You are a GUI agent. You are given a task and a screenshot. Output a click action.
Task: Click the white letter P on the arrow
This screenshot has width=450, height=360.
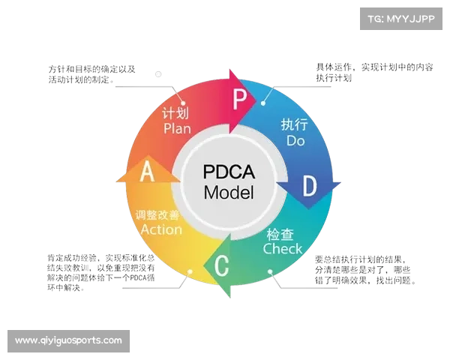[x=239, y=99]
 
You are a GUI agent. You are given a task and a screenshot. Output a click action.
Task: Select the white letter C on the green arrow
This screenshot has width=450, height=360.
[x=222, y=265]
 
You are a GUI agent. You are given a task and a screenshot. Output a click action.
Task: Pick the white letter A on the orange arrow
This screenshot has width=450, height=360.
[x=148, y=172]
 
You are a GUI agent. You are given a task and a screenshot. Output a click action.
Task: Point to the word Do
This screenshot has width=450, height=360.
[x=295, y=139]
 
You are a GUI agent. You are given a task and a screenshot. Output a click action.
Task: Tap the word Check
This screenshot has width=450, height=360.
[x=283, y=248]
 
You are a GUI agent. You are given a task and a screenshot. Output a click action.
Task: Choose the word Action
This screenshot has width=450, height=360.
[x=161, y=229]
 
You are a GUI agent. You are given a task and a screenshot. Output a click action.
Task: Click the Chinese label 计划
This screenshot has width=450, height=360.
[x=175, y=114]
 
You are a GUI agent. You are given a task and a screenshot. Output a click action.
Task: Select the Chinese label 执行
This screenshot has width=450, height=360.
[x=295, y=124]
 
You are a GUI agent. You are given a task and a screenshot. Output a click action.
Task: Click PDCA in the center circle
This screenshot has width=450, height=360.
[x=229, y=171]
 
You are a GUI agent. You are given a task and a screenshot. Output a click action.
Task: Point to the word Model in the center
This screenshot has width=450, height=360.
[x=229, y=192]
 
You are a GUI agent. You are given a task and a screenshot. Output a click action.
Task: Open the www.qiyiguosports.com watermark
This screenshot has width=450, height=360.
[x=68, y=340]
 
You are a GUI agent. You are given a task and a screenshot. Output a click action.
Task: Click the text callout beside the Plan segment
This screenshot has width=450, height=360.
[x=93, y=72]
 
